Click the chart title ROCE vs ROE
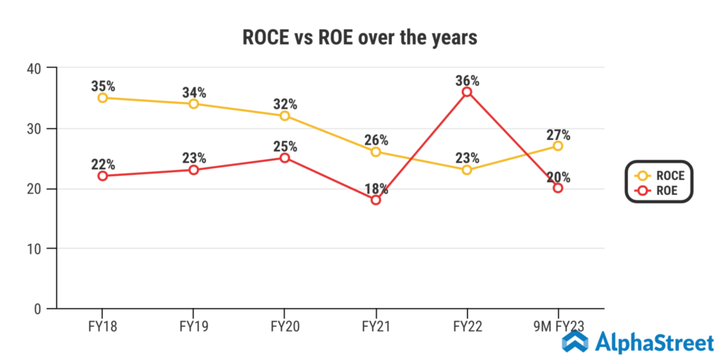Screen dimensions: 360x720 click(x=359, y=37)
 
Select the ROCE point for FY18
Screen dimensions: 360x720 click(x=103, y=98)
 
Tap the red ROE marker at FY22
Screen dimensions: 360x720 click(x=467, y=92)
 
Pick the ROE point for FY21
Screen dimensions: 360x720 click(x=375, y=200)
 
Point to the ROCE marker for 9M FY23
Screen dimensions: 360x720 click(x=558, y=146)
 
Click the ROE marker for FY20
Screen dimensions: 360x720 click(x=285, y=157)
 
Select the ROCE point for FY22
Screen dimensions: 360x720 click(x=467, y=169)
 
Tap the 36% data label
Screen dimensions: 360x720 click(x=467, y=80)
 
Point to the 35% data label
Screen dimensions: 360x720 click(x=103, y=86)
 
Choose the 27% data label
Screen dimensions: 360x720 click(x=558, y=134)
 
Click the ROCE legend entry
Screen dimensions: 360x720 click(x=659, y=176)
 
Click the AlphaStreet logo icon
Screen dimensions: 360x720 click(x=575, y=342)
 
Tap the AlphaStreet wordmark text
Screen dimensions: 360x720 click(x=654, y=342)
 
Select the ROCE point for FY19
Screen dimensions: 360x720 click(x=193, y=104)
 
